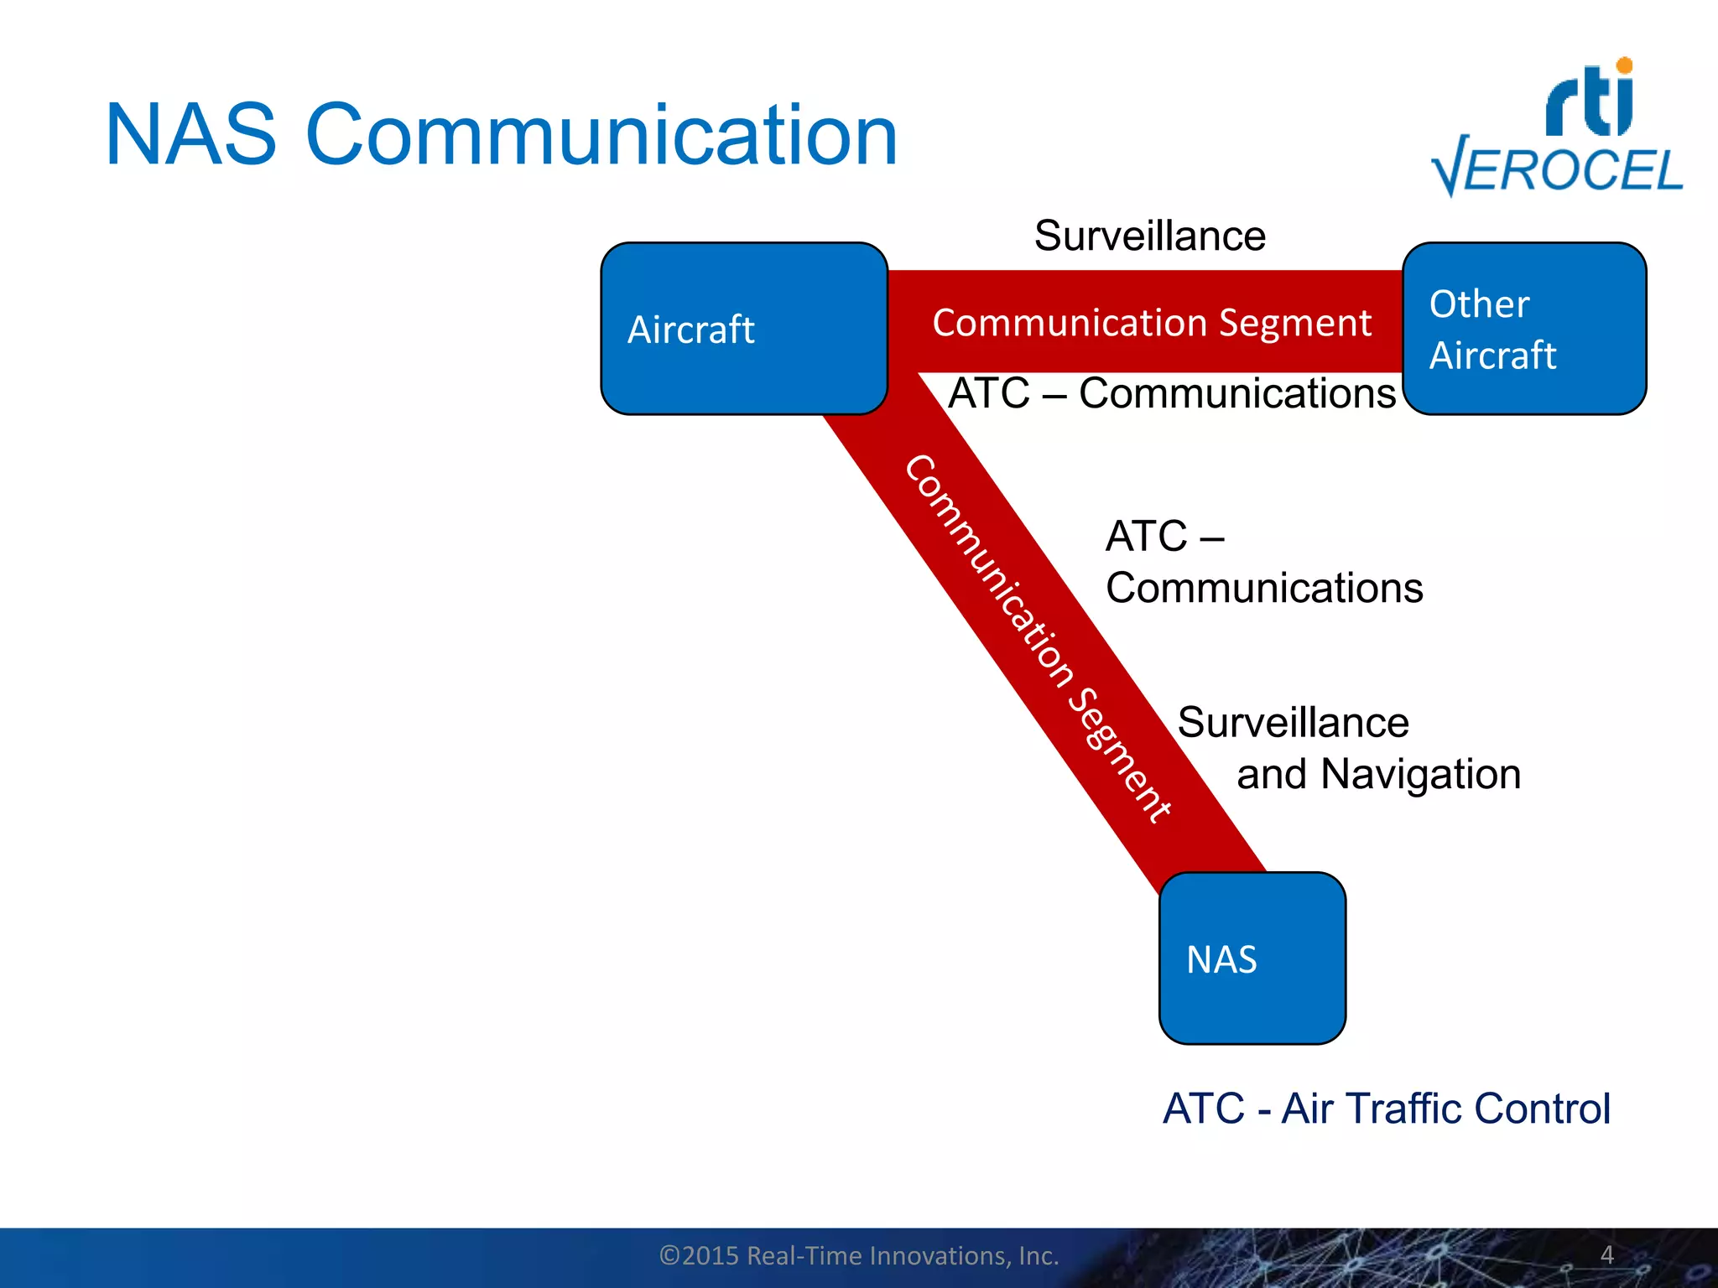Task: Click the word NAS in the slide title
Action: click(190, 136)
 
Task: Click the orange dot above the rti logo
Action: click(1624, 65)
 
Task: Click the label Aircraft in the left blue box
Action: click(690, 330)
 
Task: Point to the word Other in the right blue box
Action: click(1479, 304)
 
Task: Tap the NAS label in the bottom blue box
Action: click(1221, 959)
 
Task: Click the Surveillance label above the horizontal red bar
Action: click(1149, 236)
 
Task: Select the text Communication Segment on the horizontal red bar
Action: click(1151, 323)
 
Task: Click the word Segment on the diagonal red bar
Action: click(1119, 756)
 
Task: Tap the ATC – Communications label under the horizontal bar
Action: click(1172, 393)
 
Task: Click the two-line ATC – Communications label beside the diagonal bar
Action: click(1262, 562)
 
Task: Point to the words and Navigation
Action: click(1378, 774)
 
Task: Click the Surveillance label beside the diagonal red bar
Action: click(1293, 723)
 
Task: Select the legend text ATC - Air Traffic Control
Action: click(1386, 1109)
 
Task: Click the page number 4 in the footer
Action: click(1606, 1254)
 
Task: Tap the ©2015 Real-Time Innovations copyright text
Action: click(859, 1255)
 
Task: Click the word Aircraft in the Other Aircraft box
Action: click(1492, 356)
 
